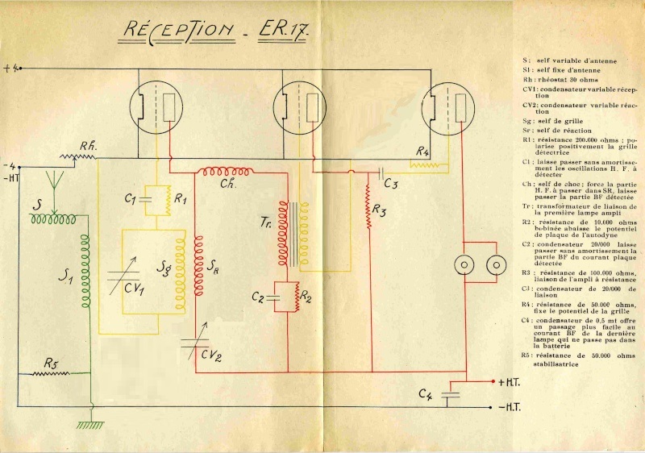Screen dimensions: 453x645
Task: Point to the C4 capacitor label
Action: [x=427, y=393]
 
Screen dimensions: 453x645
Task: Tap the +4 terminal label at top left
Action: [x=10, y=69]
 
